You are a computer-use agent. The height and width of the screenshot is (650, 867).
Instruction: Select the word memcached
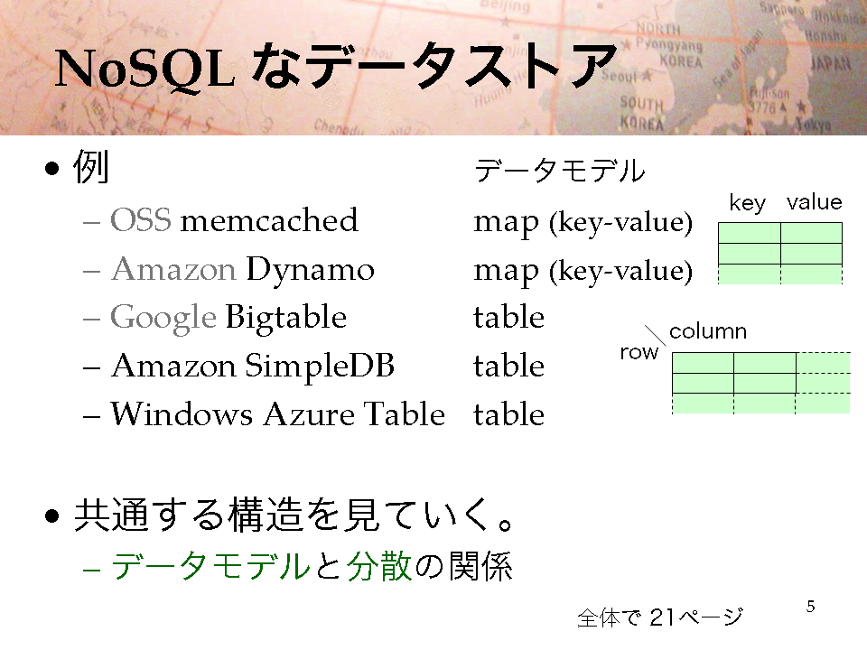269,220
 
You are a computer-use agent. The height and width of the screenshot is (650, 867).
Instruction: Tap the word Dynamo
310,269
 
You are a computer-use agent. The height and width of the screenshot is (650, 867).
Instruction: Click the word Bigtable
286,318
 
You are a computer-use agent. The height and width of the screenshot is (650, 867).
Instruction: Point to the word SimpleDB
320,366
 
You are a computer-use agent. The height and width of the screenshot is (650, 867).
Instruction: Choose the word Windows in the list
182,414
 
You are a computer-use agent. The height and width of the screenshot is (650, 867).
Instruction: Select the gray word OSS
141,220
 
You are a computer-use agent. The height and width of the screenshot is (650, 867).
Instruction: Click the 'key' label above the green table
747,203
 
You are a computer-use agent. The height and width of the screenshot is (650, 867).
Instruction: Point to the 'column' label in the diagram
708,331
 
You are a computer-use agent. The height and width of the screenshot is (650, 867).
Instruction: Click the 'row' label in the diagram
639,352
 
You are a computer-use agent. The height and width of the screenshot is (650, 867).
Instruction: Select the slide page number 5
811,607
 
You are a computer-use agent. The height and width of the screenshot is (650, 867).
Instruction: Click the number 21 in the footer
662,617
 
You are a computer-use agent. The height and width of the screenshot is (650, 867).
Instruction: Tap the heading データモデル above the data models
560,171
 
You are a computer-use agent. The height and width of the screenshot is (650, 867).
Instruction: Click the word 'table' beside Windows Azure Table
508,414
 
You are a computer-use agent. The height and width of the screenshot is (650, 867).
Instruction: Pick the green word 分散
379,566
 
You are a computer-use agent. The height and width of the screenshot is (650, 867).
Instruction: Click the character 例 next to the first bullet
90,166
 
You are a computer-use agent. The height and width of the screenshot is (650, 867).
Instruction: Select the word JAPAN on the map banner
831,64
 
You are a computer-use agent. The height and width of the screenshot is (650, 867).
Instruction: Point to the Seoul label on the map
620,75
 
